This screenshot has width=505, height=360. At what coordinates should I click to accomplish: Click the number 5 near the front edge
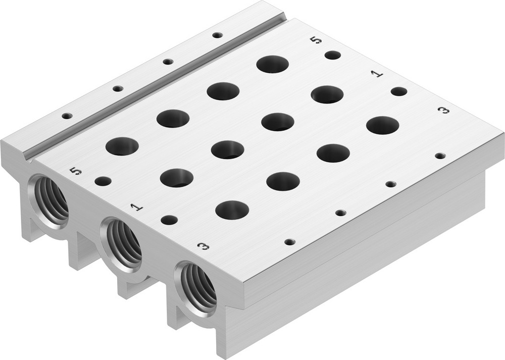76,172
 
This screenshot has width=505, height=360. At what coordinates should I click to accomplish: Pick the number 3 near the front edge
203,246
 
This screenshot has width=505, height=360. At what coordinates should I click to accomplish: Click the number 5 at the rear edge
316,39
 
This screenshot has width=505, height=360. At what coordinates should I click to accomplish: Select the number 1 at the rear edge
377,74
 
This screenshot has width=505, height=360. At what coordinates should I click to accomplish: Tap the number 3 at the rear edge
443,110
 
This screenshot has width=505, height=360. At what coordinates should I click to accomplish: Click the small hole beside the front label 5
103,181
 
